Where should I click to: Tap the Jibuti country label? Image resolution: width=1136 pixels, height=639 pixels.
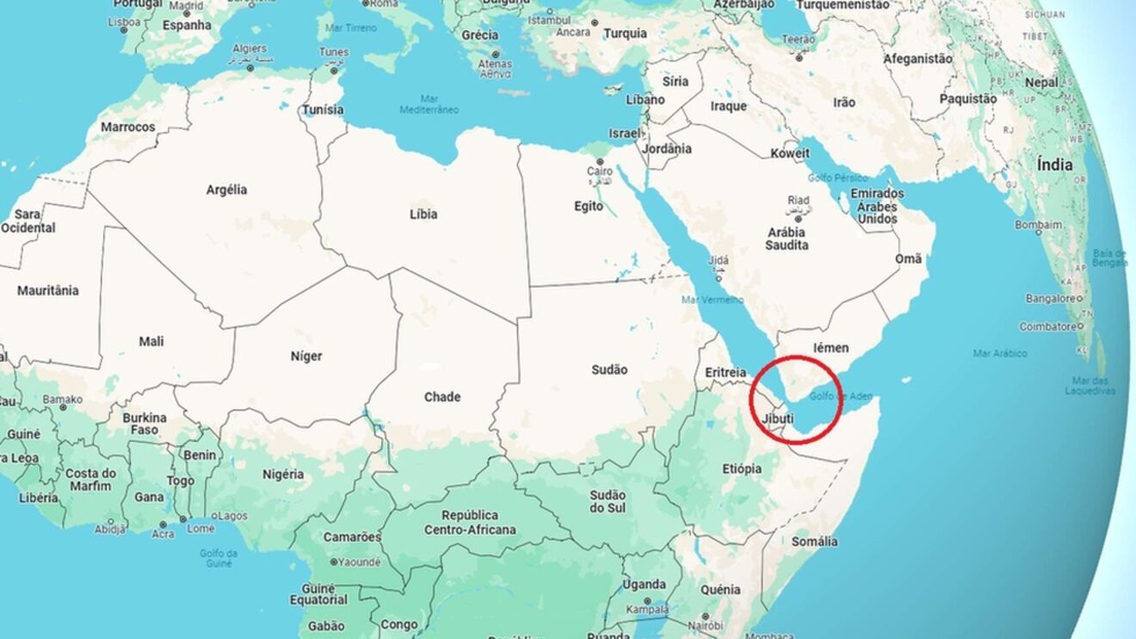coord(778,419)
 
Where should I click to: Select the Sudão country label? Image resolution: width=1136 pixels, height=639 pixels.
coord(608,369)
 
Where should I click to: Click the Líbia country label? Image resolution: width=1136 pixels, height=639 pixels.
coord(423,214)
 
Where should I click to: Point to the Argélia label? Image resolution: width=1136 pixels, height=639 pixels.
coord(226,189)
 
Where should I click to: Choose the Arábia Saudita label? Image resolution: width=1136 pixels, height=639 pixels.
coord(787,239)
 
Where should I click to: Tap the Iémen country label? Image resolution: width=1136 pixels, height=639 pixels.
coord(830,348)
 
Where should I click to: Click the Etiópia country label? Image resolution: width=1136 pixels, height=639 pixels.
coord(742,468)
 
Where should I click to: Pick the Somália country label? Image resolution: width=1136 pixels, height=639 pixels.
coord(814,541)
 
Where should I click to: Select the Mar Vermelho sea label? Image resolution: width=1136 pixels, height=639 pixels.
coord(712,300)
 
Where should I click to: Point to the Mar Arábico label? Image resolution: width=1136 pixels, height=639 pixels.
coord(1000,353)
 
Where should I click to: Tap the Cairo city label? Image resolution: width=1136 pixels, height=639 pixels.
coord(600,171)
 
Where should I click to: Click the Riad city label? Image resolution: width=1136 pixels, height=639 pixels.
coord(798,200)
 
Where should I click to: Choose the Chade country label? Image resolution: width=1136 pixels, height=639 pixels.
coord(442,397)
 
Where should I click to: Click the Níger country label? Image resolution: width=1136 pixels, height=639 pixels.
coord(306,356)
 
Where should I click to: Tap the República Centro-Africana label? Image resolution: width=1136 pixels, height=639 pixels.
coord(470,522)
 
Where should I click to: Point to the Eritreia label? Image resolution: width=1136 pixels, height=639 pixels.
coord(725,372)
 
